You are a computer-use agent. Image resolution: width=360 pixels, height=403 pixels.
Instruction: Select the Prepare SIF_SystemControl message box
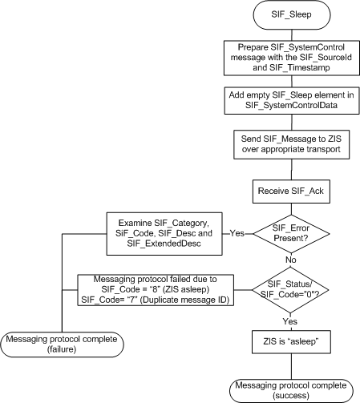[x=292, y=58]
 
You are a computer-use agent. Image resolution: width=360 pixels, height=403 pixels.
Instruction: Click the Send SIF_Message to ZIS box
[x=292, y=143]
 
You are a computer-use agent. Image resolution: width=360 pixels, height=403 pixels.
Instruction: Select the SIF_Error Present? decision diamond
[x=292, y=233]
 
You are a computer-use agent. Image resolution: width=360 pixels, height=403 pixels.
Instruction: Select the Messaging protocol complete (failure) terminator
[x=62, y=344]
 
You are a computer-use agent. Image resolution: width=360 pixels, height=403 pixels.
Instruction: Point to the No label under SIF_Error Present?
[x=292, y=260]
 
